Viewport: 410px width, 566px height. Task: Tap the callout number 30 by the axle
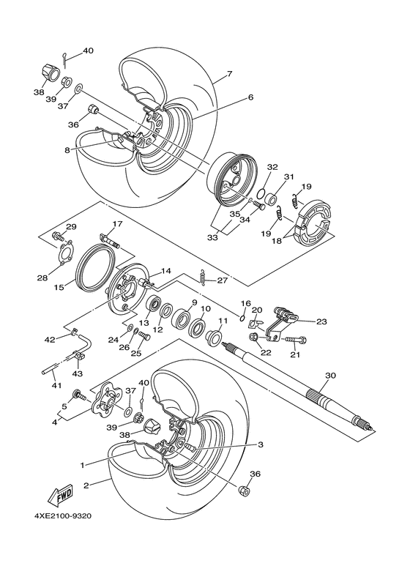tap(330, 375)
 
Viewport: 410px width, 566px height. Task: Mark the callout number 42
tap(51, 340)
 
